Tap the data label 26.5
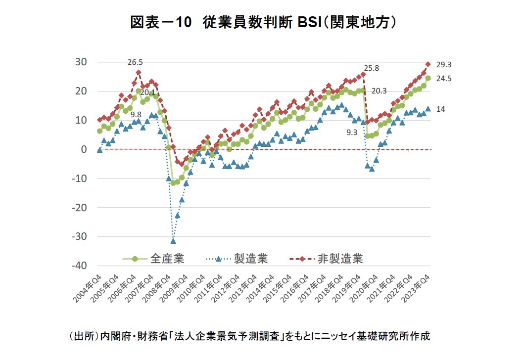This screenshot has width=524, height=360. pyautogui.click(x=135, y=62)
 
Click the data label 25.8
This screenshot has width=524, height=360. pyautogui.click(x=372, y=68)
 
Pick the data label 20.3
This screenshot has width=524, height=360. pyautogui.click(x=379, y=91)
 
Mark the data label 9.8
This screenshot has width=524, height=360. pyautogui.click(x=136, y=113)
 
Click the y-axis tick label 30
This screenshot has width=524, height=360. pyautogui.click(x=81, y=62)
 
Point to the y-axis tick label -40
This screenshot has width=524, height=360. pyautogui.click(x=79, y=266)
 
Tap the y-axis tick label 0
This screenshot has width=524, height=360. pyautogui.click(x=84, y=149)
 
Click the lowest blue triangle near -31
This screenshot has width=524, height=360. pyautogui.click(x=173, y=241)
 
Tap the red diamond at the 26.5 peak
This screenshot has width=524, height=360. pyautogui.click(x=138, y=73)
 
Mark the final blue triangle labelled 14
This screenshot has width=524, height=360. pyautogui.click(x=429, y=109)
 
